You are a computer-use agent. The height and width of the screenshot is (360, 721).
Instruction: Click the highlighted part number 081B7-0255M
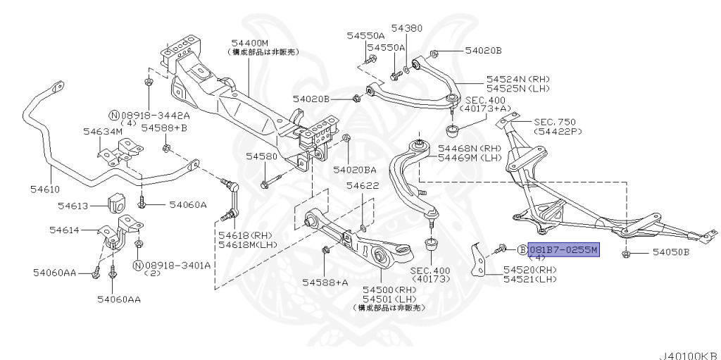563,249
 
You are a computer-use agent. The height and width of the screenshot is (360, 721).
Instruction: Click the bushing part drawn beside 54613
118,204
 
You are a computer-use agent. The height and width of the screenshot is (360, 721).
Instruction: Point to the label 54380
408,27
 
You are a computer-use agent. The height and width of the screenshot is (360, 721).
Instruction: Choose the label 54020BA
355,170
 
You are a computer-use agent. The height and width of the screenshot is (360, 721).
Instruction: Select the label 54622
363,185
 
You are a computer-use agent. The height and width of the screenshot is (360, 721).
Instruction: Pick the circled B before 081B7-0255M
522,249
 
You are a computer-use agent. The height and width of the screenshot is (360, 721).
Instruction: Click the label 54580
261,156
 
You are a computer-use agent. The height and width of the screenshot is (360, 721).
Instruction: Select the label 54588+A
325,282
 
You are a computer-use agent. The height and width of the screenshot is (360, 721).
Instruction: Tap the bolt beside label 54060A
142,204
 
